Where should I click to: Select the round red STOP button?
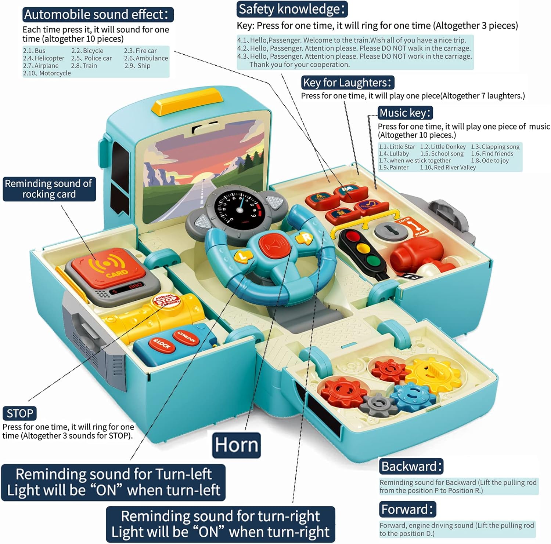[166, 301]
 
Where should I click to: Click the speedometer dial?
[239, 207]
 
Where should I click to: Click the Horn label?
[237, 445]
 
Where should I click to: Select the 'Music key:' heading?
[405, 113]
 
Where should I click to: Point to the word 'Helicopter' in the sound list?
[49, 58]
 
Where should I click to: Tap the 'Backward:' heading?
[411, 466]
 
